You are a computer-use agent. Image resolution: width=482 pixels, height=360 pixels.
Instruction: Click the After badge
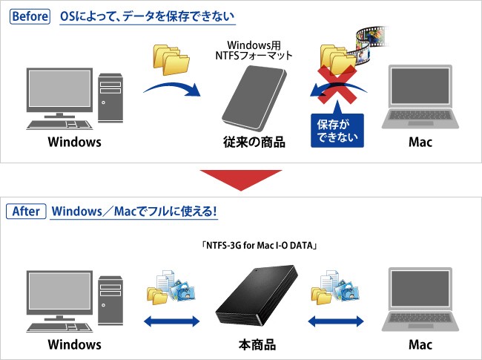(x=27, y=211)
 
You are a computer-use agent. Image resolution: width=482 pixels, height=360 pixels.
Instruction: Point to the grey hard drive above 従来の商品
(x=254, y=97)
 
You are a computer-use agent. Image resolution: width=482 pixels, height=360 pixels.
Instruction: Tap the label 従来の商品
(x=254, y=142)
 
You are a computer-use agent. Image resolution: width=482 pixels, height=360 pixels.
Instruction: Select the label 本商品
(x=255, y=344)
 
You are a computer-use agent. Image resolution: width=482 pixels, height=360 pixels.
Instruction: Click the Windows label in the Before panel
(x=75, y=142)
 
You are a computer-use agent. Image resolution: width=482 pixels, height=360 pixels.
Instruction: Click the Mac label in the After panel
(x=420, y=344)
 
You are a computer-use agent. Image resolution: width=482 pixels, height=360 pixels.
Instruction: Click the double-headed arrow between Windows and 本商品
(x=171, y=322)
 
